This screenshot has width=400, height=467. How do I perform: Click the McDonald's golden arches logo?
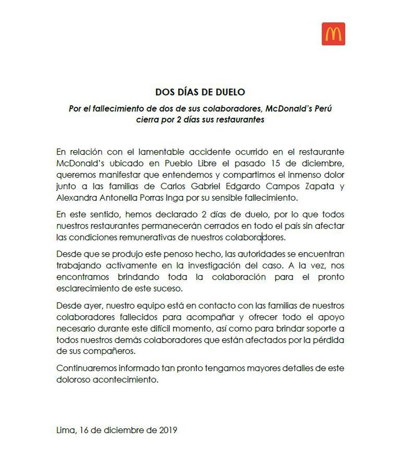coord(333,34)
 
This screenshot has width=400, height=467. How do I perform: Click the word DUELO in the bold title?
coord(231,92)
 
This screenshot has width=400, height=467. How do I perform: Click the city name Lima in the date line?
coord(65,430)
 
